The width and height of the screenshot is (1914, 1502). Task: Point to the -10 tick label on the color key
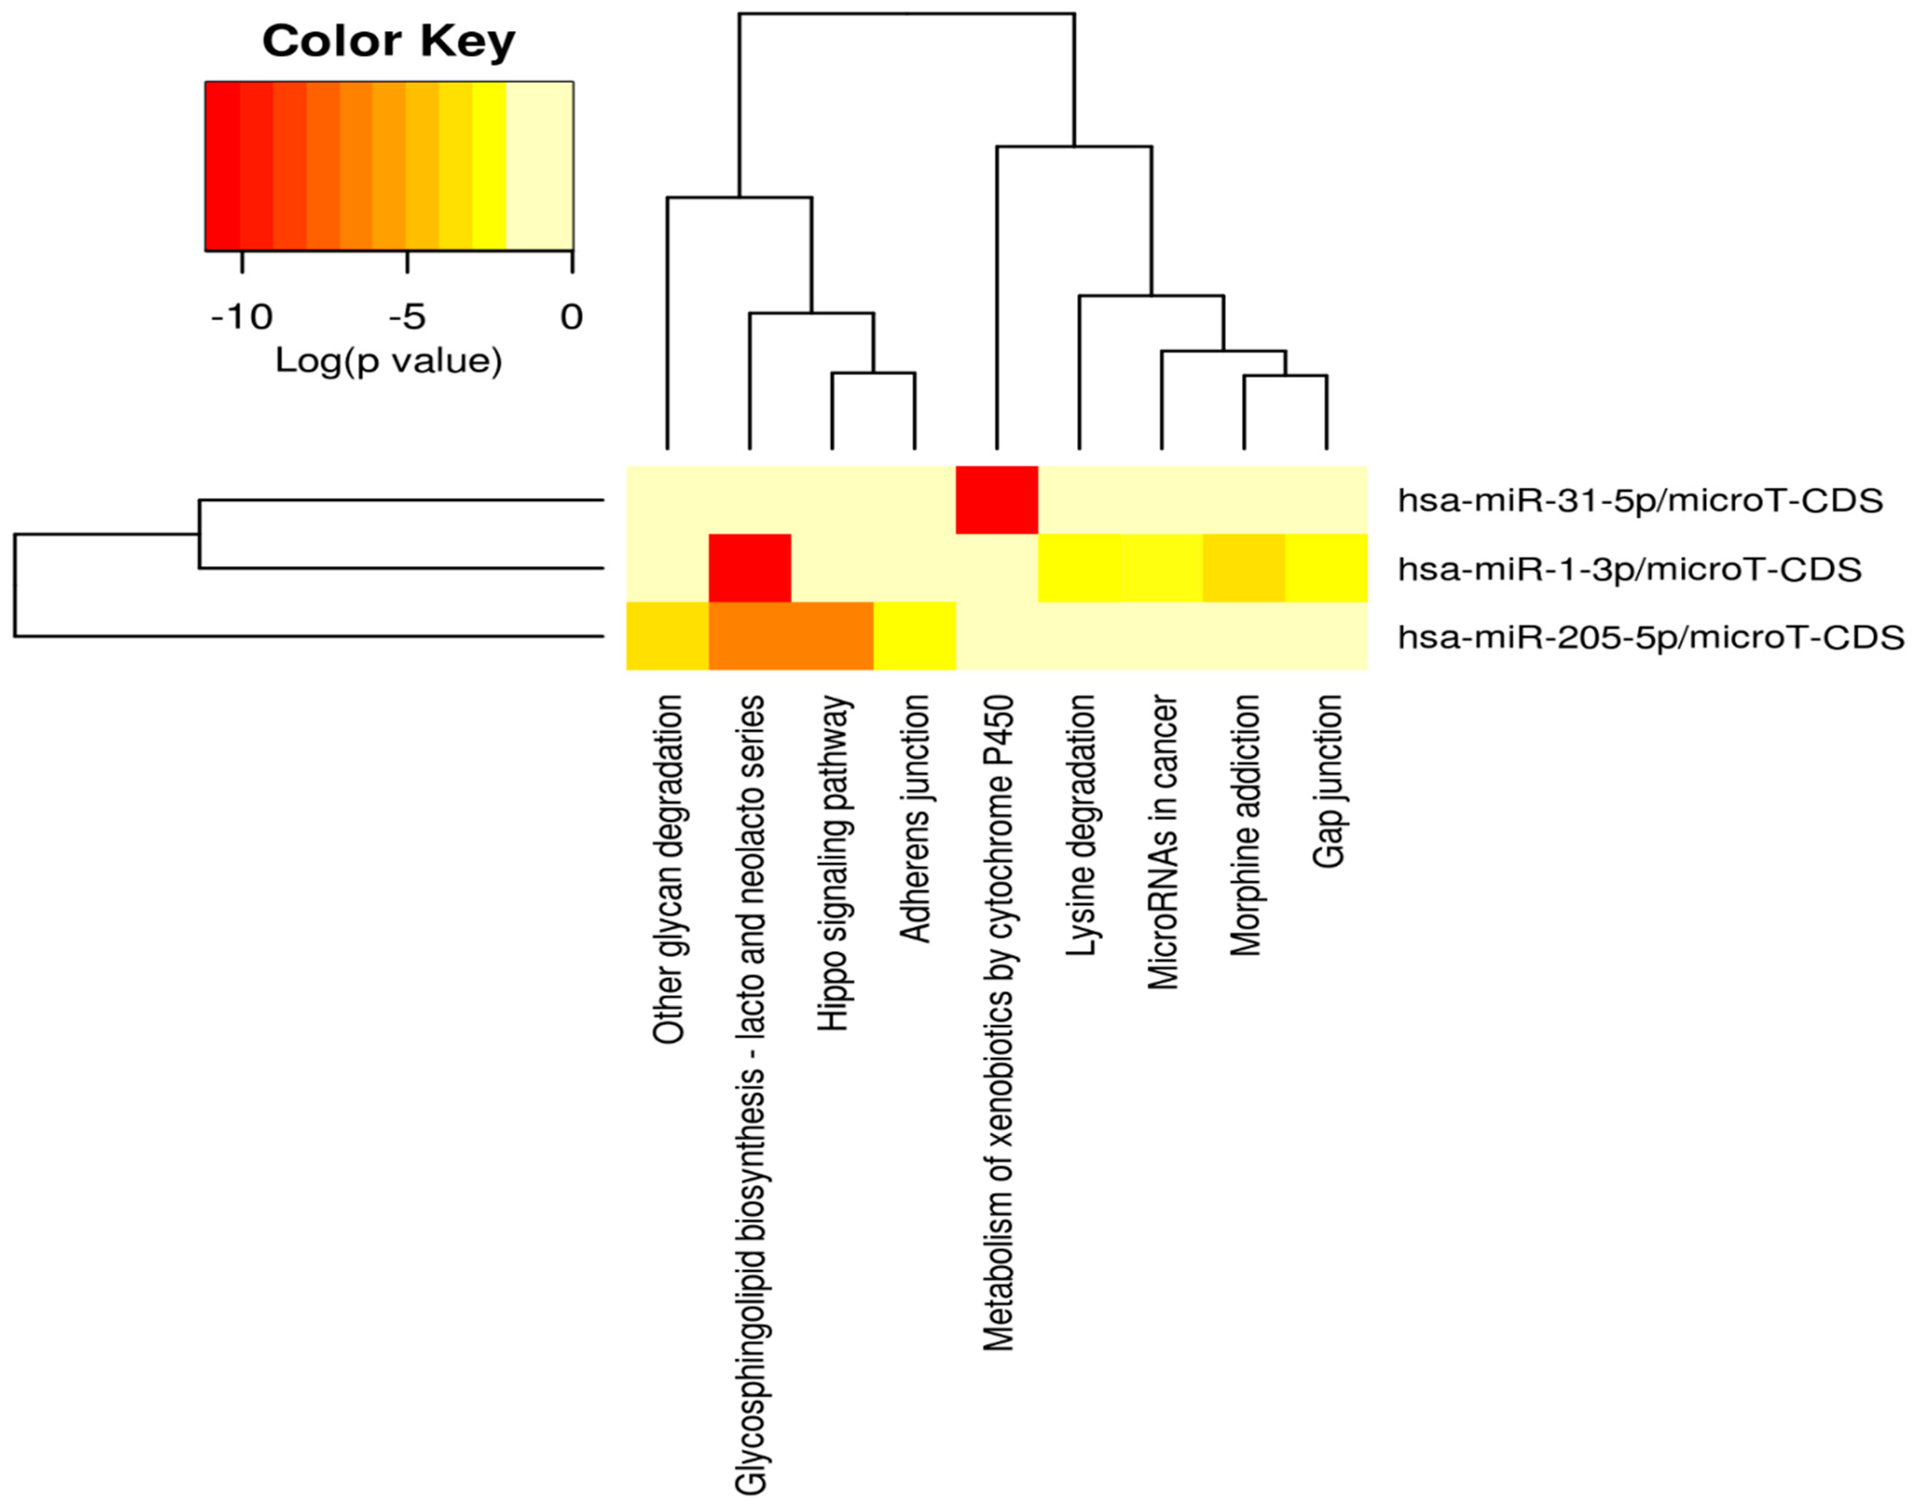tap(242, 317)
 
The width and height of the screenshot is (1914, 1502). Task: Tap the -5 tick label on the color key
tap(407, 317)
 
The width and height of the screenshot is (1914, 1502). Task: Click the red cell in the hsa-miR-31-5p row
tap(997, 500)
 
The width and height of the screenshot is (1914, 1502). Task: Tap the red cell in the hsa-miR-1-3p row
tap(749, 568)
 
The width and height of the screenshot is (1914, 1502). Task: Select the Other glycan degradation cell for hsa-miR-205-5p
tap(667, 636)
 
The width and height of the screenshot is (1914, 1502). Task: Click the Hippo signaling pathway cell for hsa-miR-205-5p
tap(832, 636)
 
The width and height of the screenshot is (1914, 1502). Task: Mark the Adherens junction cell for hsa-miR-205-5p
tap(915, 636)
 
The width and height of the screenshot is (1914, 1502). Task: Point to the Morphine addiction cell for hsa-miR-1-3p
tap(1244, 568)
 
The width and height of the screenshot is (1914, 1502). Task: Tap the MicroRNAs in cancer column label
tap(1163, 842)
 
